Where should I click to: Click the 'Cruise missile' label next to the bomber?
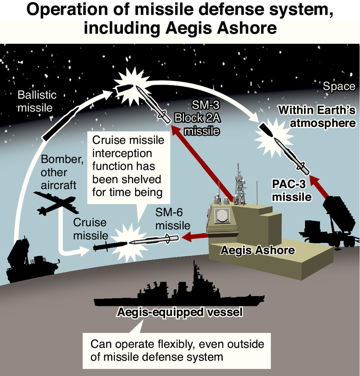pos(90,227)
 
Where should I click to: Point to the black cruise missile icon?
pos(110,245)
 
